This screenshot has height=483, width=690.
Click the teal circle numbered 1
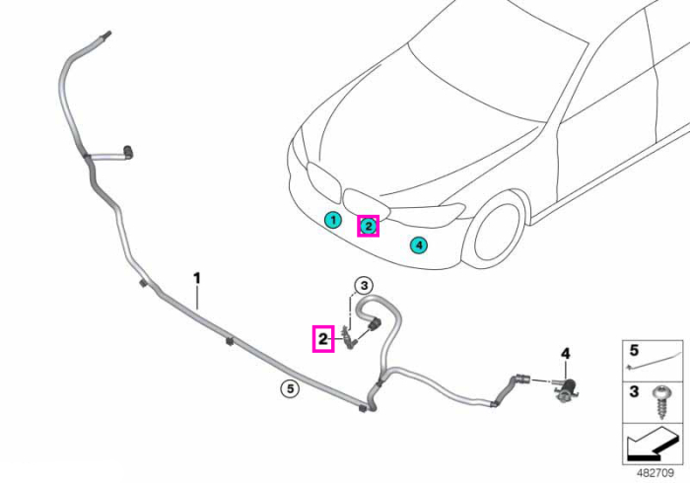pyautogui.click(x=333, y=220)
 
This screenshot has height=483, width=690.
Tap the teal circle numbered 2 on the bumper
pyautogui.click(x=368, y=226)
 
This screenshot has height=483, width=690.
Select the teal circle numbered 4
pyautogui.click(x=419, y=244)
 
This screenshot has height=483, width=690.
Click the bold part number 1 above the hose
pyautogui.click(x=197, y=278)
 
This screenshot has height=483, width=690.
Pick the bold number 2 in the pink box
pyautogui.click(x=323, y=339)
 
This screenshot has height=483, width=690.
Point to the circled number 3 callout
pyautogui.click(x=364, y=286)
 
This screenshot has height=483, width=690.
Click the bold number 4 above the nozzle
pyautogui.click(x=566, y=353)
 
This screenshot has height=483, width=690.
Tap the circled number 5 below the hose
pyautogui.click(x=290, y=388)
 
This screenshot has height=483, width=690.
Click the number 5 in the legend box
pyautogui.click(x=634, y=351)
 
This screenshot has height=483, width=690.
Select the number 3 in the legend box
pyautogui.click(x=634, y=391)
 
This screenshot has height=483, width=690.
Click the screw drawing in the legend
pyautogui.click(x=661, y=401)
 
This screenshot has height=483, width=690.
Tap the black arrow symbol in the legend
pyautogui.click(x=652, y=446)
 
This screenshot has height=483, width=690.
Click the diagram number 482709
pyautogui.click(x=655, y=473)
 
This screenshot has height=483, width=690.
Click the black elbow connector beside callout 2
pyautogui.click(x=375, y=324)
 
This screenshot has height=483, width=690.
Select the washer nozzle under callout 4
pyautogui.click(x=566, y=388)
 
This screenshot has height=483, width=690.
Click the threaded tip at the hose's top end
pyautogui.click(x=106, y=34)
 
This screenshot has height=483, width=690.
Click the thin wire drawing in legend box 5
pyautogui.click(x=653, y=362)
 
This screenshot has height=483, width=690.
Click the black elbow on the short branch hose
pyautogui.click(x=128, y=152)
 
